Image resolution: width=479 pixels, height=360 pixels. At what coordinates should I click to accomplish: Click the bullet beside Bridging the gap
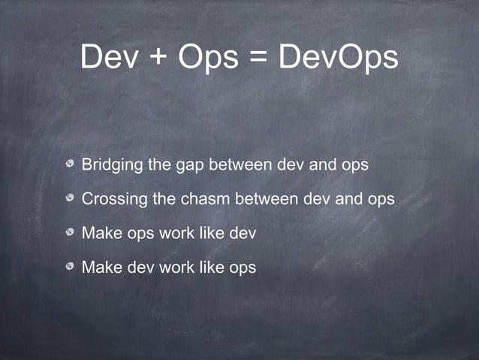pyautogui.click(x=70, y=164)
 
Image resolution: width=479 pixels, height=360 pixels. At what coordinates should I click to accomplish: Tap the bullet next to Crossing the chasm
pyautogui.click(x=70, y=199)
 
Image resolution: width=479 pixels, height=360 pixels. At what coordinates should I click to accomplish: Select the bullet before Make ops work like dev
pyautogui.click(x=70, y=233)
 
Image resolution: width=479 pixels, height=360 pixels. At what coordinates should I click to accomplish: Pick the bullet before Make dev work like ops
pyautogui.click(x=70, y=267)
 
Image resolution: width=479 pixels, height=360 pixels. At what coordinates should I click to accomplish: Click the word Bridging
pyautogui.click(x=112, y=165)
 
